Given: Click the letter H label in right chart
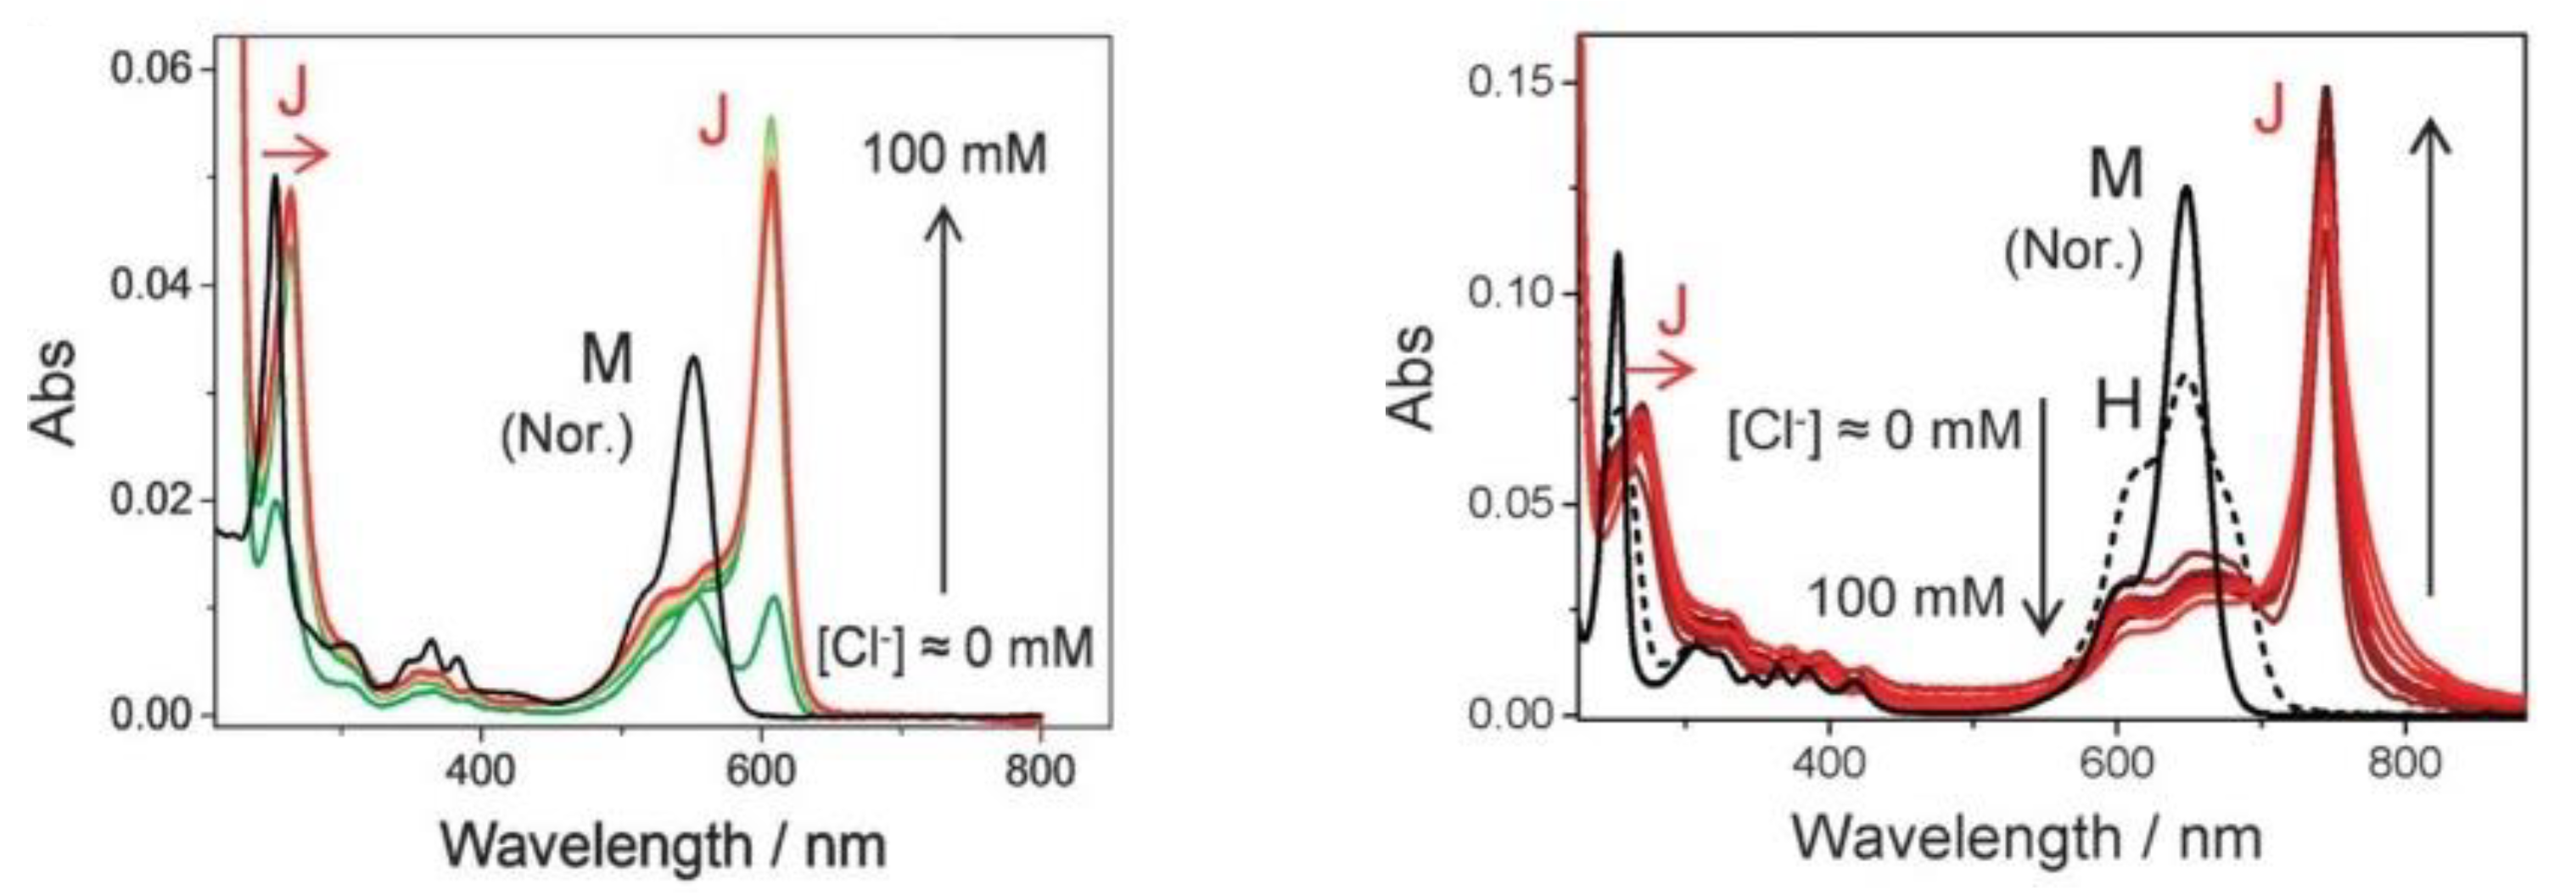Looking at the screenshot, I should (x=2118, y=408).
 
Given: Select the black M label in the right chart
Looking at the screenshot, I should (x=2116, y=176).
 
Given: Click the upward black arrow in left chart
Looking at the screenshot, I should (x=943, y=396).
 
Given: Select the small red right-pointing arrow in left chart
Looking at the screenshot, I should (x=295, y=154).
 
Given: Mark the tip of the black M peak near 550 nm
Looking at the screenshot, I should (x=694, y=358).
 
